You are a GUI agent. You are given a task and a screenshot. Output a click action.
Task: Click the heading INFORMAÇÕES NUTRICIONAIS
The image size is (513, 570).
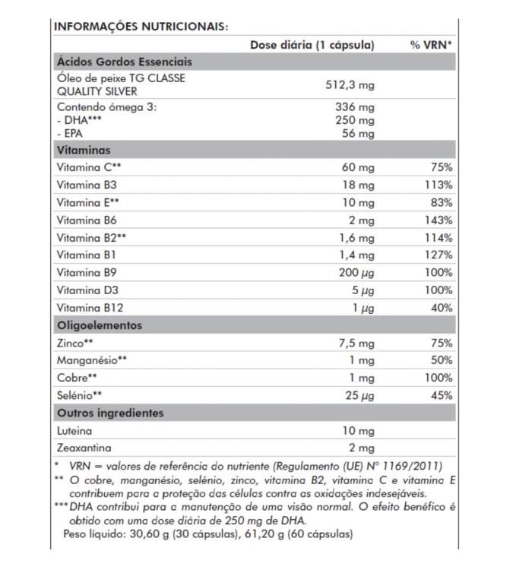(141, 26)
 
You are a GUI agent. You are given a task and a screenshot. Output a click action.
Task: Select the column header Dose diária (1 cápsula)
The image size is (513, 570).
(312, 45)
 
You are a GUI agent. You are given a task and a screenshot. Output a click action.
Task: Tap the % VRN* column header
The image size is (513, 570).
(431, 45)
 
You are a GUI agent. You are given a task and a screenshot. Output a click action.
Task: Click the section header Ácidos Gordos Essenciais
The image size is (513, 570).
(125, 62)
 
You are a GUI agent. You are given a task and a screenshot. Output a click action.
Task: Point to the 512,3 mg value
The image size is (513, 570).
(350, 84)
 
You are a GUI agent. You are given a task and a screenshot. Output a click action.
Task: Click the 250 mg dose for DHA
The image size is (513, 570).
(356, 120)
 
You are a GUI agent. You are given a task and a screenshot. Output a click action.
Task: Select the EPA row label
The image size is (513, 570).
(68, 133)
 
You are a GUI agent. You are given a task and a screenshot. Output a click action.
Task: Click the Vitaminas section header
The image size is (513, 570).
(84, 150)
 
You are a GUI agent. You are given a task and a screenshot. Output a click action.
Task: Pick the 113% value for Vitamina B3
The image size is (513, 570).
(439, 185)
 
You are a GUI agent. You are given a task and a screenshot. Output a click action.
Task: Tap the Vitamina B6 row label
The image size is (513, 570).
(87, 220)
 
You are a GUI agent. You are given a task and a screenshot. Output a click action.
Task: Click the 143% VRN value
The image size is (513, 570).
(439, 220)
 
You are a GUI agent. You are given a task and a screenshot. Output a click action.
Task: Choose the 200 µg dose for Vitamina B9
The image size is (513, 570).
(356, 272)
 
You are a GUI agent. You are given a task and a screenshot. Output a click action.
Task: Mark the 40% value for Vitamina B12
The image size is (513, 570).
(442, 308)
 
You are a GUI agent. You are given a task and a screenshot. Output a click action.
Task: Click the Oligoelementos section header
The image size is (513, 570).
(99, 325)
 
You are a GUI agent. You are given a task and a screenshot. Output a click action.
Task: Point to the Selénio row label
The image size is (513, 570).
(79, 395)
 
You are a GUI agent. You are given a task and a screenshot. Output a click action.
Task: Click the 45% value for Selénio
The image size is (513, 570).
(442, 395)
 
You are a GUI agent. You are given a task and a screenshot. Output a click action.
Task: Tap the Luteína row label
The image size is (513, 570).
(74, 430)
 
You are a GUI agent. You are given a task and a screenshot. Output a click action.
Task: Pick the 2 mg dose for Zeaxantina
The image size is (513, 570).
(361, 448)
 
